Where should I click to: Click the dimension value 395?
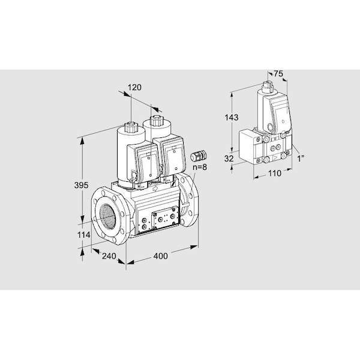[x=81, y=185]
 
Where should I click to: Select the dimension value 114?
[x=83, y=235]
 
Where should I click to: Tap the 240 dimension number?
[x=109, y=256]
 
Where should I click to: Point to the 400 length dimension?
[x=160, y=256]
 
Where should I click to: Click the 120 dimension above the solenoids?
[x=134, y=88]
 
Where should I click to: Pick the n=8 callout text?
[x=200, y=167]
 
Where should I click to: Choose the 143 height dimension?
[x=232, y=118]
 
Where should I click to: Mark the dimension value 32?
[x=229, y=158]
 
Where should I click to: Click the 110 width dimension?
[x=275, y=173]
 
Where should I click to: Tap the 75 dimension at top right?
[x=278, y=74]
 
